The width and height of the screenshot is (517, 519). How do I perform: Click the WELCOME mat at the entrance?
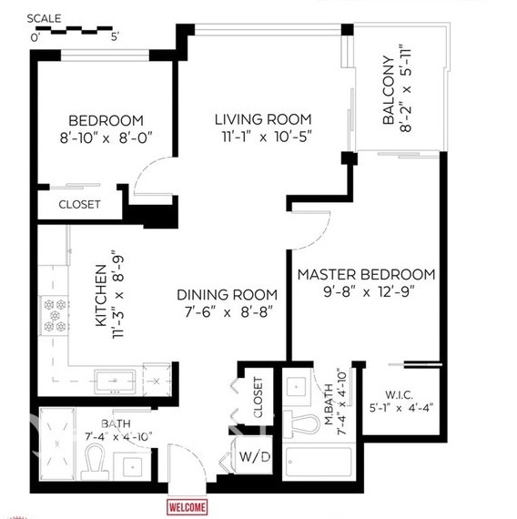click(188, 507)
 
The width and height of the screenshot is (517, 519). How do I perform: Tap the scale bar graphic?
click(76, 30)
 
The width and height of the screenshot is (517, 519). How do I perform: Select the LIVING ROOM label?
click(263, 119)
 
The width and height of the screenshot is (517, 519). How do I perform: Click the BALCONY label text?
click(389, 90)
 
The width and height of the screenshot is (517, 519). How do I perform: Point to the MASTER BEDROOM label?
click(366, 274)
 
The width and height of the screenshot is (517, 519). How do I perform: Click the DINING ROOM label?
click(227, 295)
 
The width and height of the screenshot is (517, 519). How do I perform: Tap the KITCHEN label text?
click(101, 296)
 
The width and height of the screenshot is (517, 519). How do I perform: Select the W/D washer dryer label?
click(255, 457)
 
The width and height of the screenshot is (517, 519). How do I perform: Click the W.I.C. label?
click(400, 395)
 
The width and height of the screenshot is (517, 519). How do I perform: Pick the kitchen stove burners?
click(55, 315)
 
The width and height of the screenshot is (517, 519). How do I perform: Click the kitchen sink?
click(115, 382)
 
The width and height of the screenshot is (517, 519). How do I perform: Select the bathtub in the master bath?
click(319, 462)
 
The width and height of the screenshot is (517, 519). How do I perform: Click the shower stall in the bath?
click(57, 443)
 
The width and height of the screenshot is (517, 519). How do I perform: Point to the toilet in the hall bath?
click(95, 462)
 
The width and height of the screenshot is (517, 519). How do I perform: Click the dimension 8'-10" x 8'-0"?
click(106, 137)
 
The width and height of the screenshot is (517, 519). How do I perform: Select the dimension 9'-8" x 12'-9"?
click(369, 292)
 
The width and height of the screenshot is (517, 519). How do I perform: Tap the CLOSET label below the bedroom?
click(79, 204)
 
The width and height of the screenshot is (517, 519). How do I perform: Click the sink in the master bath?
click(296, 387)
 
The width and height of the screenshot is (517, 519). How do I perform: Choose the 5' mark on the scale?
click(115, 36)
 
